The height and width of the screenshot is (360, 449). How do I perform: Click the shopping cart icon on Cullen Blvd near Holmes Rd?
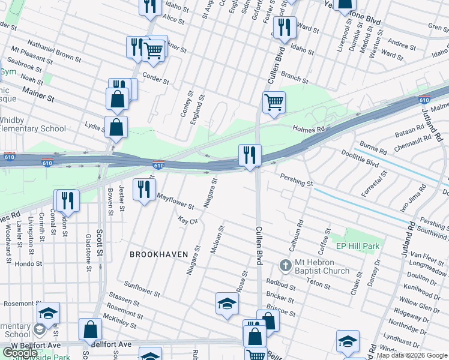[x=274, y=102]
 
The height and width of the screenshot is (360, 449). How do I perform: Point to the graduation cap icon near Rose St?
[x=227, y=303]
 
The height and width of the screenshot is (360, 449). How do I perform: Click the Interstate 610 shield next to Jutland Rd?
[x=424, y=100]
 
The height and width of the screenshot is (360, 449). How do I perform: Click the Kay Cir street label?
[x=188, y=221]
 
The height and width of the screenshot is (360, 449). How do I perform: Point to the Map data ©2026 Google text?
[x=412, y=355]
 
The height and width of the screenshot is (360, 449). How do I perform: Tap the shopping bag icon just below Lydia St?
[x=115, y=127]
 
